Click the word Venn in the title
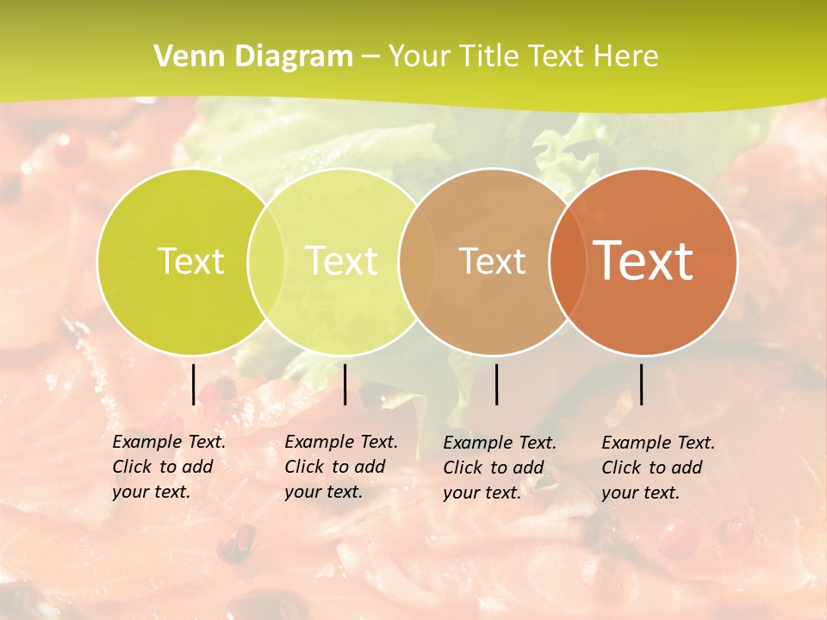coord(184,57)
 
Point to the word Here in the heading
coord(626,57)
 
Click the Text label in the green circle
coord(190,261)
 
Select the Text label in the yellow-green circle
coord(341,261)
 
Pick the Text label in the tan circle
coord(492,261)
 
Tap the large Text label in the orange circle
coord(643,261)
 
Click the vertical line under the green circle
coord(194,384)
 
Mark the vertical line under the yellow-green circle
coord(345,384)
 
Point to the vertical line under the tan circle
coord(496,384)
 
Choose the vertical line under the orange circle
coord(641,384)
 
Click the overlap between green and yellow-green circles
coord(266,261)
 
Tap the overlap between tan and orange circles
coord(568,261)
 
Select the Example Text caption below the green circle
coord(168,467)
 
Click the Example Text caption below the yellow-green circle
coord(340,467)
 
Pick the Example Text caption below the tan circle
coord(500,468)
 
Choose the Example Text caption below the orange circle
coord(657,468)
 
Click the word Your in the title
coord(417,57)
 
